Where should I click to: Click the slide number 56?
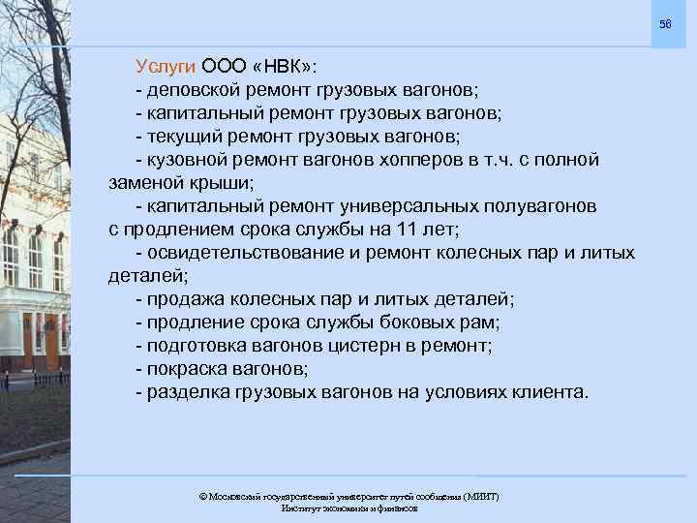pos(664,23)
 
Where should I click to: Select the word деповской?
pos(195,90)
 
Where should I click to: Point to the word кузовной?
pos(189,160)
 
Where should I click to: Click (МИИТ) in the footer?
pos(481,496)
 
